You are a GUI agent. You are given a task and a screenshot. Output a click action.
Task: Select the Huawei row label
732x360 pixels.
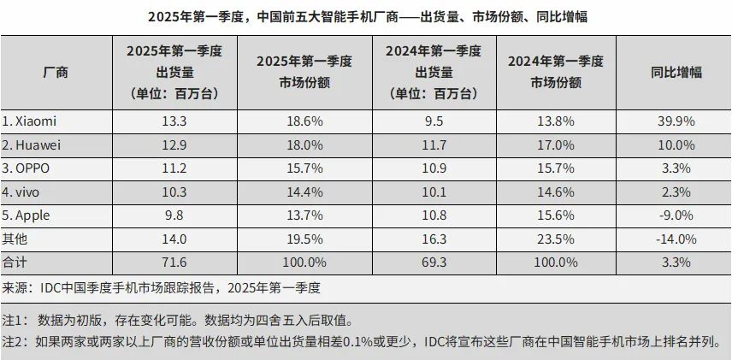[x=32, y=145]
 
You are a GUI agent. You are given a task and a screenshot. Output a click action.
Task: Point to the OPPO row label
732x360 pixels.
[x=28, y=168]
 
